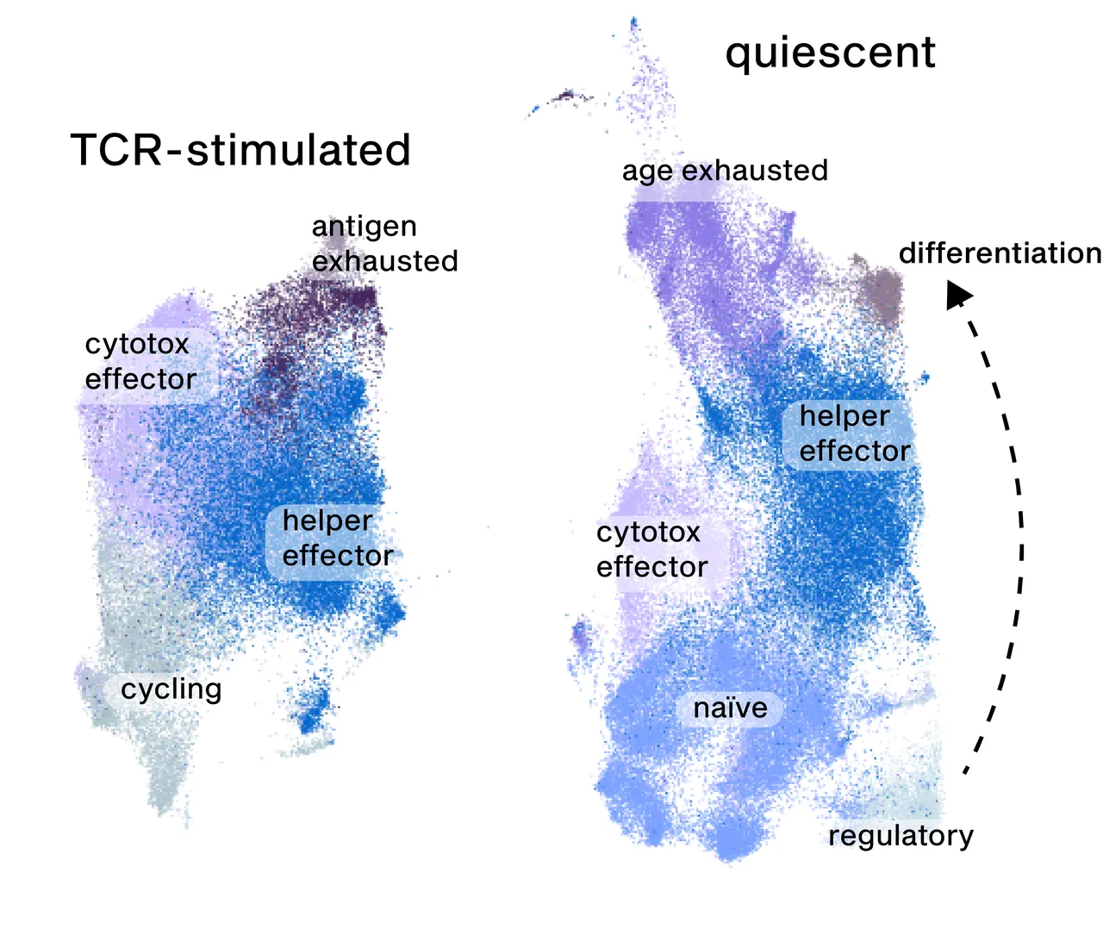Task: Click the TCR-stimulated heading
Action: [x=240, y=150]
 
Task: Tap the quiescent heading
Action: [x=831, y=54]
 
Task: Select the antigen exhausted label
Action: [x=384, y=243]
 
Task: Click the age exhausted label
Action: [x=726, y=171]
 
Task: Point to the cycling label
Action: [x=171, y=689]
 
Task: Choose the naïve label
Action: [x=731, y=708]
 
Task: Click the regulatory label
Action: [x=900, y=836]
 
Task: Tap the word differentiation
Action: [x=1000, y=253]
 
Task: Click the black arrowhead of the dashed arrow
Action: [x=958, y=295]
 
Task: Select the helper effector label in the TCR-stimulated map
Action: [x=338, y=538]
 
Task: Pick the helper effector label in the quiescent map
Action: [x=855, y=433]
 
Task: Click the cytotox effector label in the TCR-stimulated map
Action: [x=140, y=362]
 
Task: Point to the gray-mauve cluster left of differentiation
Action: [x=880, y=293]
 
